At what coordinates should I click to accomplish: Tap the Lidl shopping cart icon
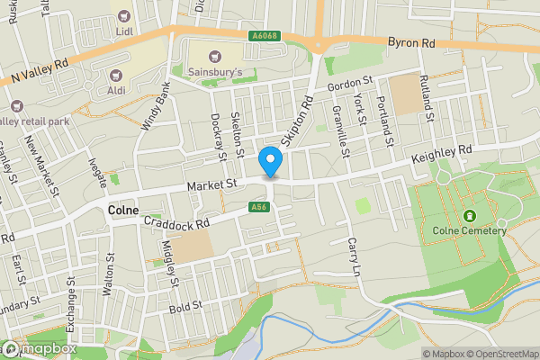point(124,14)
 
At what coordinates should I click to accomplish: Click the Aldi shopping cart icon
point(115,77)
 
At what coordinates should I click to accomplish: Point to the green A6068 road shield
point(263,36)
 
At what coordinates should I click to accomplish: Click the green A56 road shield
point(258,208)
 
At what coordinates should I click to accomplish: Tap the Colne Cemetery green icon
point(469,217)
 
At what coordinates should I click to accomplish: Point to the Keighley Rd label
point(441,155)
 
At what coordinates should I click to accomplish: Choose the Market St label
point(211,184)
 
